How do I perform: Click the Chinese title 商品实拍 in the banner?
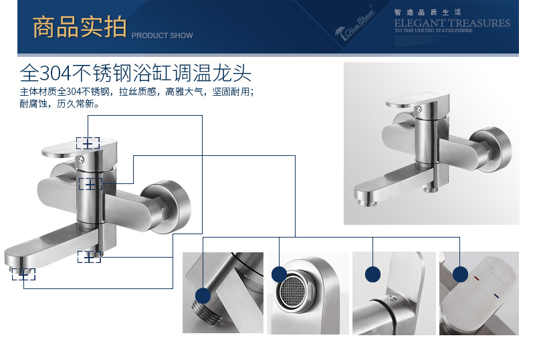click(79, 27)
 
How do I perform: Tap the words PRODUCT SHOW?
click(162, 35)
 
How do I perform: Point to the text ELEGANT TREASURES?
click(452, 23)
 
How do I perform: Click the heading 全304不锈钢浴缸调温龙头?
click(136, 72)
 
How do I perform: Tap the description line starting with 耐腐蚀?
click(60, 104)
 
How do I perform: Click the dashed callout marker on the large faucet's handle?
click(88, 143)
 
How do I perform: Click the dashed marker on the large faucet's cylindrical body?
click(90, 183)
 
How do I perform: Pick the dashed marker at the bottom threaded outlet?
click(88, 256)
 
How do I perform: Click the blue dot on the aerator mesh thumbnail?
click(279, 274)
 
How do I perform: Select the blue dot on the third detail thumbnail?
click(372, 274)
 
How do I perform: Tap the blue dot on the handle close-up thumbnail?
click(460, 274)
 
